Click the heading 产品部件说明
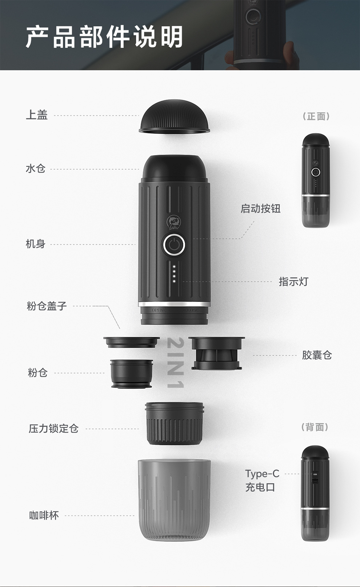[104, 37]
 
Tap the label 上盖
[37, 115]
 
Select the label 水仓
[36, 168]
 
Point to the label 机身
[36, 244]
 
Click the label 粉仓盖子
[47, 306]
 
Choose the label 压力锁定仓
[53, 428]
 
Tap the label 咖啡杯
[44, 515]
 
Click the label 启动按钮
[260, 208]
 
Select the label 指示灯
[293, 281]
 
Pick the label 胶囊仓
[317, 355]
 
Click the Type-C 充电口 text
[262, 480]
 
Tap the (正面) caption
[316, 116]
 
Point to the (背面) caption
[315, 427]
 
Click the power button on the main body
[174, 245]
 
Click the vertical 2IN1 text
[175, 363]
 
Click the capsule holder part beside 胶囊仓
[217, 353]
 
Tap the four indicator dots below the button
[174, 274]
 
